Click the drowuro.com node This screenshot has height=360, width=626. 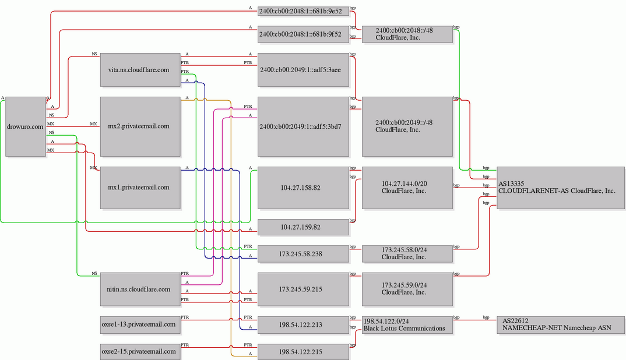26,126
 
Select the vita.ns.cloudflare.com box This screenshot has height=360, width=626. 140,70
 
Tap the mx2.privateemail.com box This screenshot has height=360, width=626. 140,126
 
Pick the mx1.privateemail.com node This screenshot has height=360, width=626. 140,188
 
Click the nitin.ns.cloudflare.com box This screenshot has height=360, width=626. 140,290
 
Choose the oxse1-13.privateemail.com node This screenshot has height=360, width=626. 140,324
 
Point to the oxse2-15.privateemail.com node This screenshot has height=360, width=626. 140,352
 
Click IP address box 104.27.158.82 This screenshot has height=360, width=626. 303,188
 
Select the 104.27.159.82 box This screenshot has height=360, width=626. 303,227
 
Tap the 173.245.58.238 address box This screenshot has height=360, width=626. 303,254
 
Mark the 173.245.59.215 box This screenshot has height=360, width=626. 303,290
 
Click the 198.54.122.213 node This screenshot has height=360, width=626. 303,324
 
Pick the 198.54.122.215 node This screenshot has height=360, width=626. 303,352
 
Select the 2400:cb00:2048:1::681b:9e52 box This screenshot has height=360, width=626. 303,11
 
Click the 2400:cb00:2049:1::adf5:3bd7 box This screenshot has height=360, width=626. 303,126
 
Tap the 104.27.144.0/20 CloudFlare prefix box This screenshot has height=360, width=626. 407,188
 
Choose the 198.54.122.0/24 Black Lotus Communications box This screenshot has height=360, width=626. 407,324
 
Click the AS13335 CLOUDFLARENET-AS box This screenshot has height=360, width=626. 561,188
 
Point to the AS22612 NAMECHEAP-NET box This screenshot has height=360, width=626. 561,324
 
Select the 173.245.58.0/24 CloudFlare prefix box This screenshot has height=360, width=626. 407,254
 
